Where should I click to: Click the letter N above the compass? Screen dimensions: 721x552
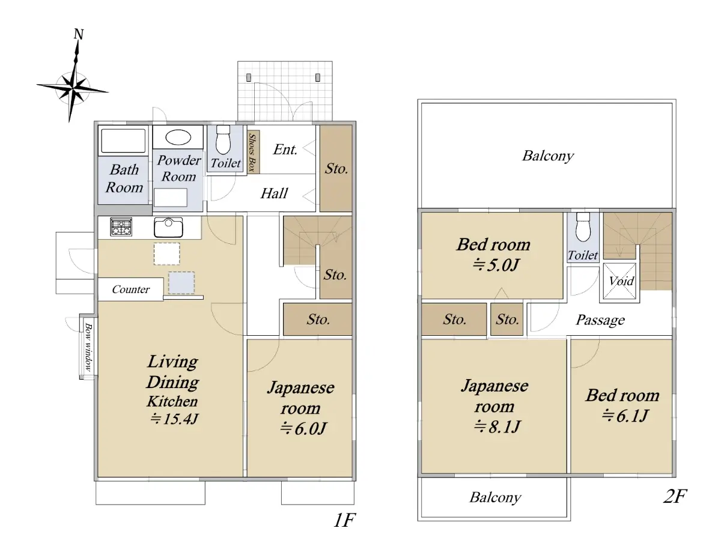79,34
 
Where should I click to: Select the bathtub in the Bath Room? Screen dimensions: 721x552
123,141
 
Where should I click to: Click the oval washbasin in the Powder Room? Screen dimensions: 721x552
178,137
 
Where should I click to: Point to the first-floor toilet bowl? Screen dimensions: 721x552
223,139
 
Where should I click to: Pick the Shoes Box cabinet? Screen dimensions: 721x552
253,151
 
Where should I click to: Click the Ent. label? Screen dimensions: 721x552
285,150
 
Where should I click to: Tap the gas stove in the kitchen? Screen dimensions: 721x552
121,227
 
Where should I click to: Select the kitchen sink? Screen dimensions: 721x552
168,227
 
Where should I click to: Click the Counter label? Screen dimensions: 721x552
131,290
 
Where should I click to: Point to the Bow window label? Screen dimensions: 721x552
88,347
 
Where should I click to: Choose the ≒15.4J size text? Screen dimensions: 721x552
174,419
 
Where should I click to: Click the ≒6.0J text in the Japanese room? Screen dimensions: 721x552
303,428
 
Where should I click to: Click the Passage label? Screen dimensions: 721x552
600,320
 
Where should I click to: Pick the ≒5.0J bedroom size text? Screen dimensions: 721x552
495,265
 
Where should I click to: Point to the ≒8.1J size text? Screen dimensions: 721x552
497,426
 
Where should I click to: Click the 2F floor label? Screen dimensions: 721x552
675,496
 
